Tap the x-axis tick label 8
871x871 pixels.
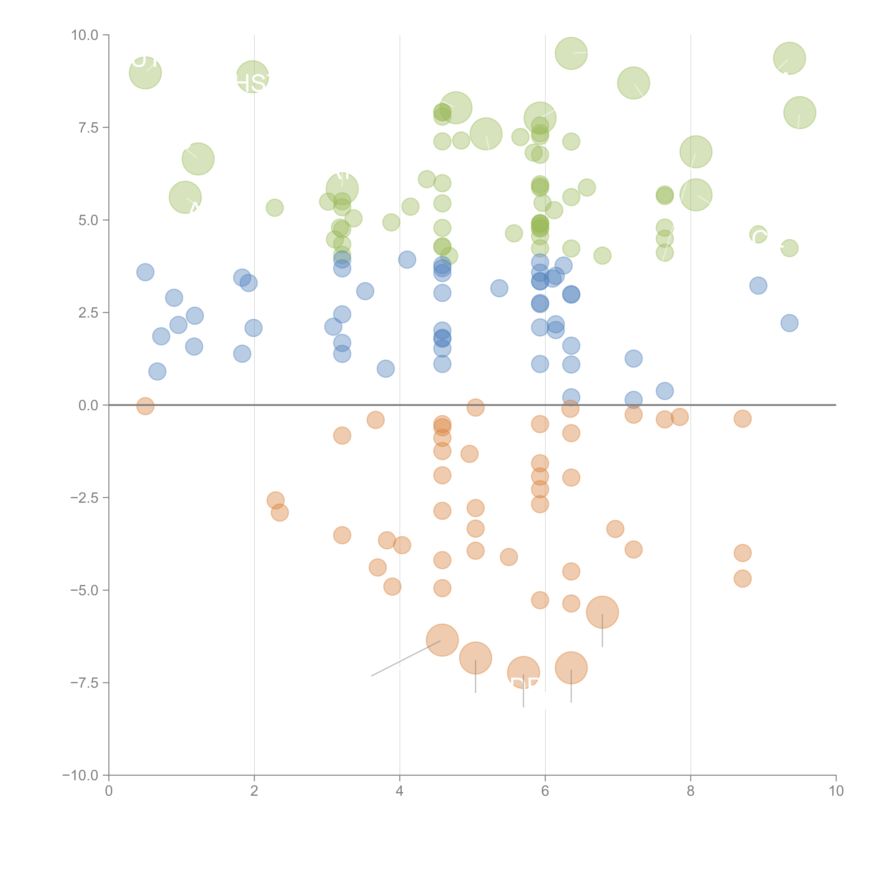(x=691, y=792)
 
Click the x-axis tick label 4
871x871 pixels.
(x=399, y=792)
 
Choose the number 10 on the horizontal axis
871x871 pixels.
(x=836, y=792)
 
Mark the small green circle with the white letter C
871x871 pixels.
(x=758, y=234)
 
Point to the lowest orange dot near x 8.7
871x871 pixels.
(x=742, y=578)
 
